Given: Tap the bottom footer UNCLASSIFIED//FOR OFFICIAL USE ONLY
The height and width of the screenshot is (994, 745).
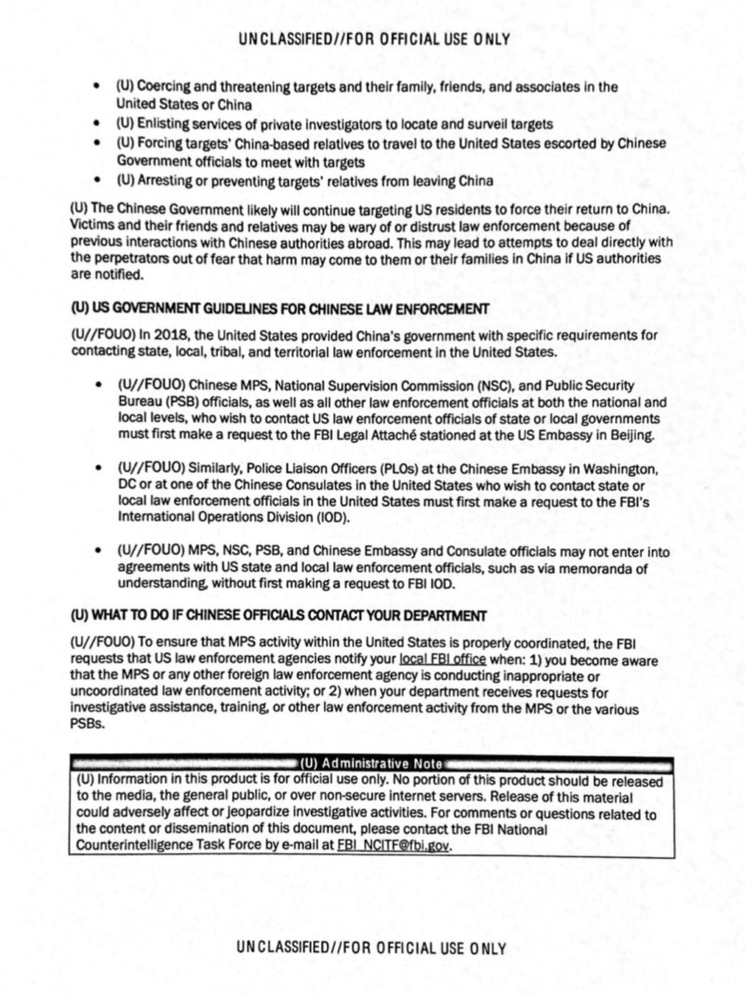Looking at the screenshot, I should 372,948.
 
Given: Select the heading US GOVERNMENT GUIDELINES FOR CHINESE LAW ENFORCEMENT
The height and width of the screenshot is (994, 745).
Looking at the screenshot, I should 279,308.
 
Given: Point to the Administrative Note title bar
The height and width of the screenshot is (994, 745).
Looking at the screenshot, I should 372,764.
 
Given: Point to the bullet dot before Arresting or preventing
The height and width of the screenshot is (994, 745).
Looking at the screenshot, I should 98,181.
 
